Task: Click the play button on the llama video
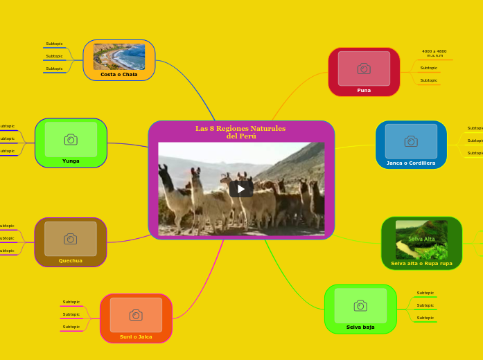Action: pyautogui.click(x=241, y=188)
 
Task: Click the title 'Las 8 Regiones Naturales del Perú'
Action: pyautogui.click(x=240, y=132)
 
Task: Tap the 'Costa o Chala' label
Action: pyautogui.click(x=119, y=74)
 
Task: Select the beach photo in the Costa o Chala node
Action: pyautogui.click(x=119, y=57)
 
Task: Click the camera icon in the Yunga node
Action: pyautogui.click(x=71, y=140)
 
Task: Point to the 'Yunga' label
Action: pyautogui.click(x=71, y=161)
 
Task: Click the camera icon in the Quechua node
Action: pyautogui.click(x=71, y=239)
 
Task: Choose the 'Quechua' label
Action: pyautogui.click(x=71, y=260)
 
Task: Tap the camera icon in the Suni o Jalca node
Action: pyautogui.click(x=136, y=315)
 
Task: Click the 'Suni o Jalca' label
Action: pyautogui.click(x=136, y=336)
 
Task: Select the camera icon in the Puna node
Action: pyautogui.click(x=364, y=69)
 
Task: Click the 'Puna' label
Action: pyautogui.click(x=364, y=90)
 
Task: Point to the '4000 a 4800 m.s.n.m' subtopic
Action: pyautogui.click(x=434, y=53)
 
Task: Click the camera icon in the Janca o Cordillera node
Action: pyautogui.click(x=411, y=141)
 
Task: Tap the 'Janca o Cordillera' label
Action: pyautogui.click(x=411, y=163)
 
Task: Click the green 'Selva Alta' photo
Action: pyautogui.click(x=421, y=240)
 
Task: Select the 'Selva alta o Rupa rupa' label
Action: pyautogui.click(x=421, y=263)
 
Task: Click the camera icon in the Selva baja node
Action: pyautogui.click(x=360, y=305)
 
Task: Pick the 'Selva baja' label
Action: pyautogui.click(x=360, y=327)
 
